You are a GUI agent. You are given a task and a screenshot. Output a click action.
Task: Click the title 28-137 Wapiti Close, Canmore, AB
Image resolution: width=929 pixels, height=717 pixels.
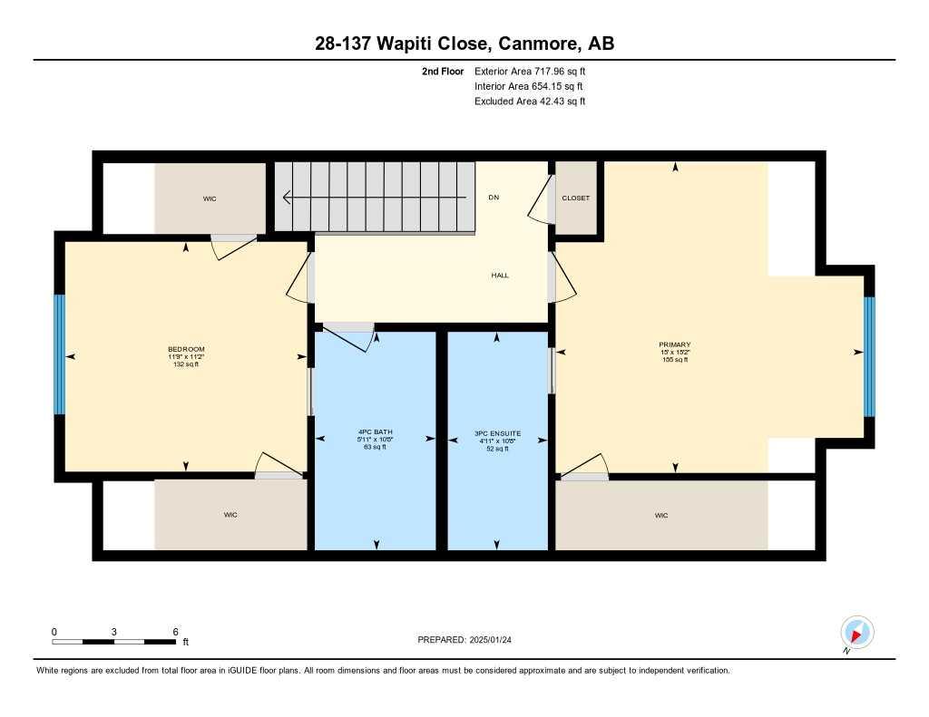pyautogui.click(x=464, y=44)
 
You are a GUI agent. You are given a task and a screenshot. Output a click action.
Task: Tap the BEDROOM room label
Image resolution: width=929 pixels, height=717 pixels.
pyautogui.click(x=186, y=350)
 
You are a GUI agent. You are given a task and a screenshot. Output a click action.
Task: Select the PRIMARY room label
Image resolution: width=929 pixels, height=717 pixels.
pyautogui.click(x=675, y=344)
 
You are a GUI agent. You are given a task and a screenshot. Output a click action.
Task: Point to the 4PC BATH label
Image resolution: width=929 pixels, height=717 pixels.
pyautogui.click(x=376, y=431)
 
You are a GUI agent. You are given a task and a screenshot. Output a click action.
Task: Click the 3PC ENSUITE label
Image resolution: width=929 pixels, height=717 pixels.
pyautogui.click(x=497, y=433)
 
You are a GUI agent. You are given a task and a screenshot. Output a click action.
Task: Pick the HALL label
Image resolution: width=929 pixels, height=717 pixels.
pyautogui.click(x=499, y=276)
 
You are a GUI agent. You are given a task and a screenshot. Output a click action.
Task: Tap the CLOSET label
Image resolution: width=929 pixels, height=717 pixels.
pyautogui.click(x=575, y=198)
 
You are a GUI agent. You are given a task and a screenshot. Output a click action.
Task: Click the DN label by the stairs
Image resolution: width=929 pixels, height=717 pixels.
pyautogui.click(x=494, y=198)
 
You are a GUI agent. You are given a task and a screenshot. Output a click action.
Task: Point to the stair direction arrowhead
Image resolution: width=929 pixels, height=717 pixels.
pyautogui.click(x=286, y=197)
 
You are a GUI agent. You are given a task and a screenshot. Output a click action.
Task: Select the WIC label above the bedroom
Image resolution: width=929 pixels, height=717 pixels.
pyautogui.click(x=210, y=199)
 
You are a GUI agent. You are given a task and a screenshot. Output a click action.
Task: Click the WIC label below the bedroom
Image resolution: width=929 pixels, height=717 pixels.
pyautogui.click(x=230, y=515)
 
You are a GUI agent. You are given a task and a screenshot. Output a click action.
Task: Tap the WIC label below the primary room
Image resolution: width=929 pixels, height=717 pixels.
pyautogui.click(x=661, y=515)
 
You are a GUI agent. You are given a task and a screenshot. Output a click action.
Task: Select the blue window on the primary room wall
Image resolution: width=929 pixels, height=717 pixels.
pyautogui.click(x=868, y=355)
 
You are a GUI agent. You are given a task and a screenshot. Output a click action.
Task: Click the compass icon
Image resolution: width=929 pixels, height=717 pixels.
pyautogui.click(x=856, y=632)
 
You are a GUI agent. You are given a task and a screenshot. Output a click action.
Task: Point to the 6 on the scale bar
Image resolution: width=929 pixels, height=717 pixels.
pyautogui.click(x=175, y=631)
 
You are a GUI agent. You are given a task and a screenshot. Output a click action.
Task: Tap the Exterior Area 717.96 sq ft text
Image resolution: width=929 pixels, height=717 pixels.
pyautogui.click(x=535, y=71)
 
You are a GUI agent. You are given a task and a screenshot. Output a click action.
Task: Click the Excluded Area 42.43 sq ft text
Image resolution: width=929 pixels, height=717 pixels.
pyautogui.click(x=530, y=102)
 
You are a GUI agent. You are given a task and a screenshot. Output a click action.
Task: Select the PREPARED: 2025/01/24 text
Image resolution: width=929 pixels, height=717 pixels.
pyautogui.click(x=471, y=640)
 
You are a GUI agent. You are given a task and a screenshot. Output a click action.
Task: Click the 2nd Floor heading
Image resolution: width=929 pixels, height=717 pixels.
pyautogui.click(x=443, y=71)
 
